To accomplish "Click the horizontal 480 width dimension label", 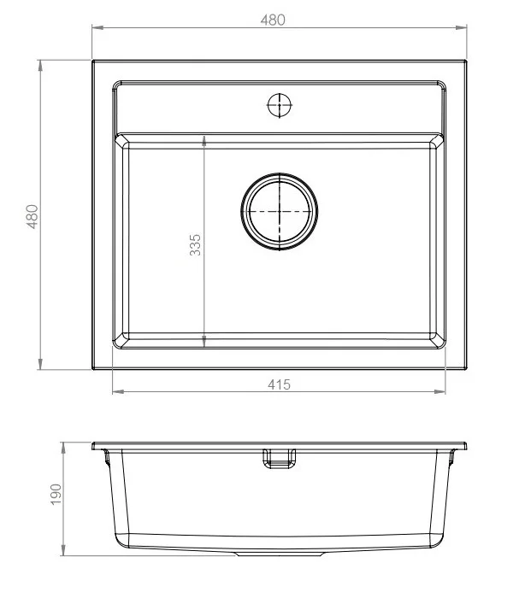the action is [x=273, y=20].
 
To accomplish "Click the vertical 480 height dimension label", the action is [x=32, y=217].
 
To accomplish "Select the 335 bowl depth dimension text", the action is [x=195, y=245].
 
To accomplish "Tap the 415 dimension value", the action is [x=279, y=384].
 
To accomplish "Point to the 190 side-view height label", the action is [x=56, y=495].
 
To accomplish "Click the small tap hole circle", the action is [x=280, y=105].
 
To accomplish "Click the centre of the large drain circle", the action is [x=280, y=212].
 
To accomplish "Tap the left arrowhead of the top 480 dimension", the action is [x=97, y=27].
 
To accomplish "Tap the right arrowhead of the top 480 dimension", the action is [x=461, y=27].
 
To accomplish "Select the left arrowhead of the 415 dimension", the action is [x=118, y=391].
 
